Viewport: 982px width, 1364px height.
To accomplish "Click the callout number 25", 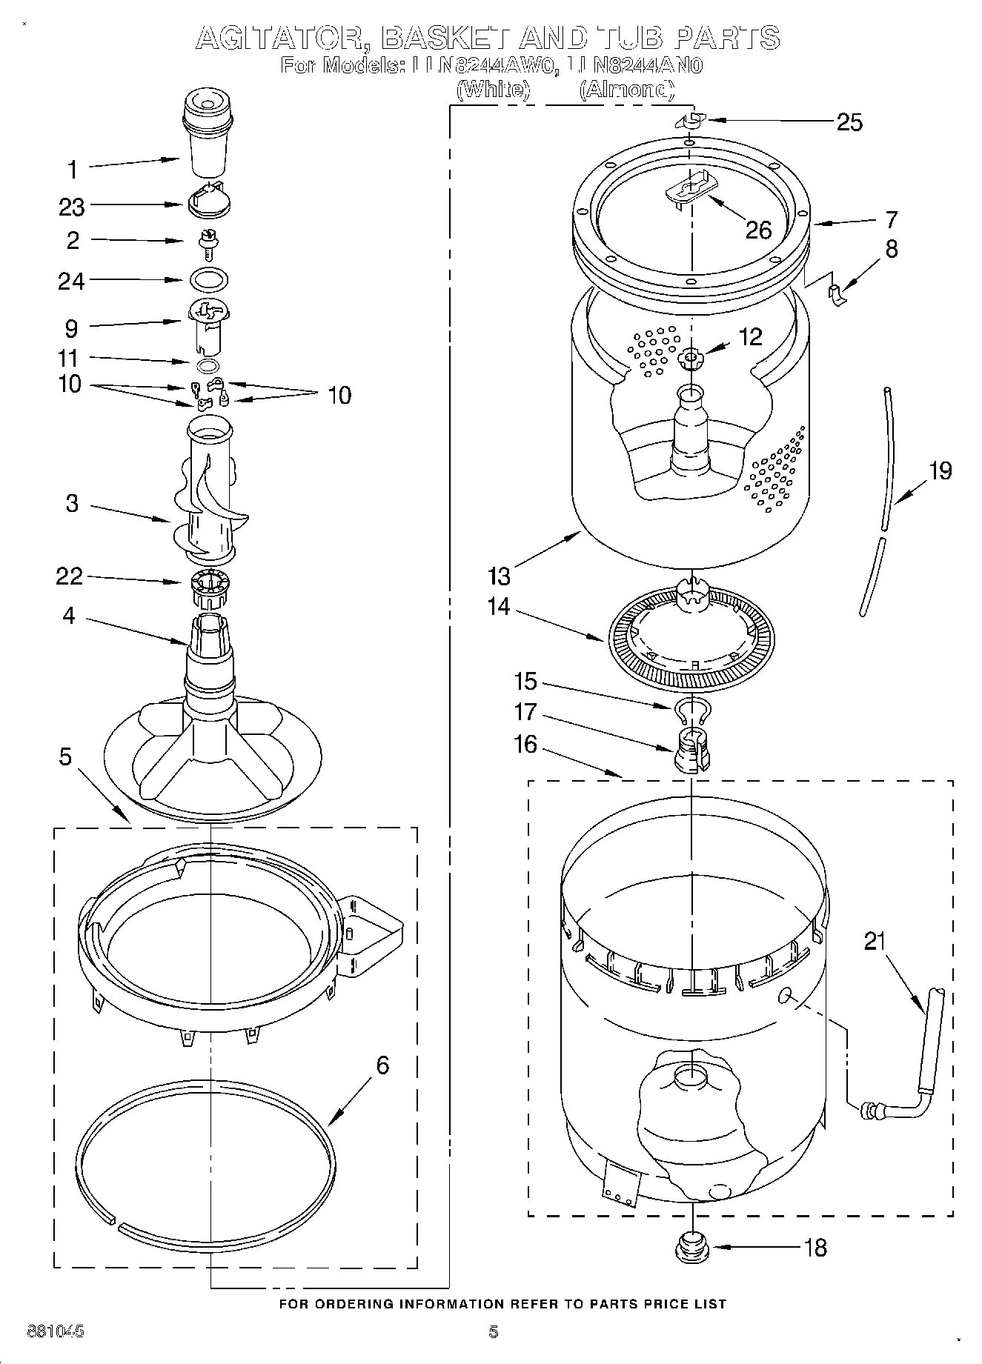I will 849,122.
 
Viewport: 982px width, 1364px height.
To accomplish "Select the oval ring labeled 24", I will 209,280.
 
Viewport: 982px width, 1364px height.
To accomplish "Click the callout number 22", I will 70,576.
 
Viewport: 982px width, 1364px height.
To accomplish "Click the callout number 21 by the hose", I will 875,941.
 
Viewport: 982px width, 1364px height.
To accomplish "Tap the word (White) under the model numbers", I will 494,90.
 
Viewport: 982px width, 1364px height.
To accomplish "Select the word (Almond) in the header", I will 627,90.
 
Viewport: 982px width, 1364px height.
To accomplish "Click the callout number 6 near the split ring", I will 382,1065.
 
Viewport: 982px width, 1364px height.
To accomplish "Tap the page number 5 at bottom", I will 494,1332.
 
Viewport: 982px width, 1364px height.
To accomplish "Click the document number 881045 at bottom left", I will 56,1331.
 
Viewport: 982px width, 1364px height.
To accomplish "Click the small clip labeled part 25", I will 691,120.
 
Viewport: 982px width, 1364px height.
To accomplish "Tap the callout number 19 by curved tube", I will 940,470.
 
